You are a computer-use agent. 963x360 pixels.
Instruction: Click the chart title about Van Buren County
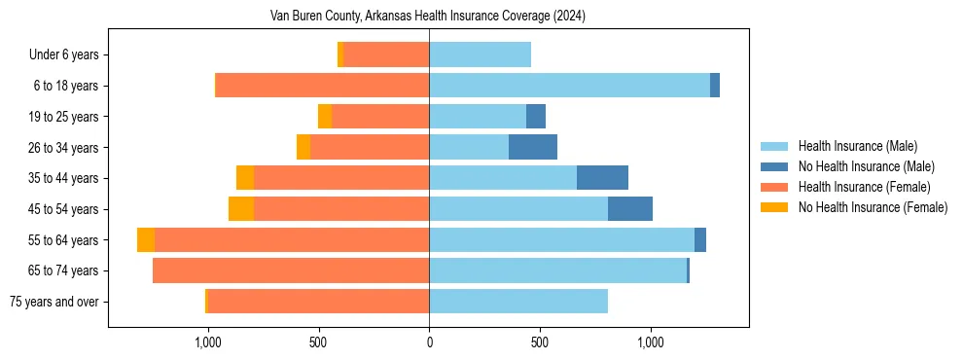click(x=428, y=17)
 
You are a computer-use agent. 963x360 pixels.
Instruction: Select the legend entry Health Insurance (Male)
click(x=857, y=146)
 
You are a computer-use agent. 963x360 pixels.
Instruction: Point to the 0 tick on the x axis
click(x=429, y=342)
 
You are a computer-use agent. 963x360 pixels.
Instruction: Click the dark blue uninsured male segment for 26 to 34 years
click(x=533, y=147)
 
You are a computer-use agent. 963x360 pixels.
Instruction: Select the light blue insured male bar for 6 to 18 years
click(x=569, y=86)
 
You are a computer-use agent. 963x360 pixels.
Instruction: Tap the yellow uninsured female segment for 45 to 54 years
click(x=241, y=209)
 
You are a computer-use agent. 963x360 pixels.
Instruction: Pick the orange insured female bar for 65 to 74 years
click(x=291, y=270)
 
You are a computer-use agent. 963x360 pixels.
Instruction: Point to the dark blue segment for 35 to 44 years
click(x=602, y=178)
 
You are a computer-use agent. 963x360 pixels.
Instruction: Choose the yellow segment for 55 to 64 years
click(x=146, y=240)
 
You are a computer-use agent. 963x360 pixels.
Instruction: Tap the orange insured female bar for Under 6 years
click(x=386, y=55)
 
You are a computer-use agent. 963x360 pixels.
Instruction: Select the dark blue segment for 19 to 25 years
click(x=536, y=117)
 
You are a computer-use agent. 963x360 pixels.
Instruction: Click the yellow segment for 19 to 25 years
click(x=325, y=117)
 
